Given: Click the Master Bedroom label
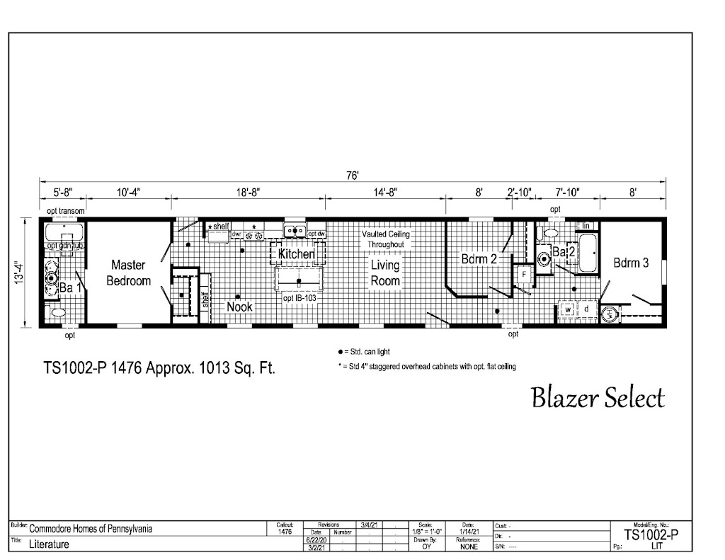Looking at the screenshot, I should click(128, 273).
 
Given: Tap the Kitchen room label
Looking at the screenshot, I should click(296, 253).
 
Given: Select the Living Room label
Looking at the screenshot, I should click(385, 273).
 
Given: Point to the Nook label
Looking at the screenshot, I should click(239, 307).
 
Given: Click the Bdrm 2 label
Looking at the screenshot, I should click(479, 259).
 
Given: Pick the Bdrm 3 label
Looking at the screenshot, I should click(631, 263).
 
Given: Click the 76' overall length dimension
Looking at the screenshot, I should click(352, 176).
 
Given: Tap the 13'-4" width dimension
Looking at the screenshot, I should click(25, 272).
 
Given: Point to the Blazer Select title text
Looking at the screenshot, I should click(598, 398).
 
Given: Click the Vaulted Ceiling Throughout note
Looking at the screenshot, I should click(385, 239).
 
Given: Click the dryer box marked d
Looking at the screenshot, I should click(586, 309).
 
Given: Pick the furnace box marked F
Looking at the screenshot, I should click(524, 273).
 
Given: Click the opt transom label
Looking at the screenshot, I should click(66, 210).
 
